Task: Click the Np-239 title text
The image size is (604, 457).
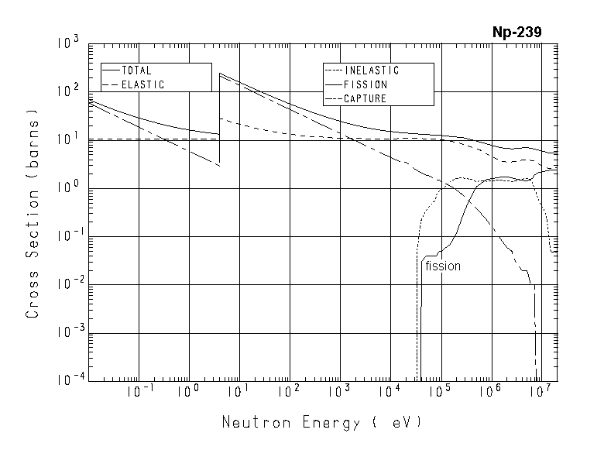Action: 516,32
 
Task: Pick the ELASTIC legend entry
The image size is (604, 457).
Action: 142,84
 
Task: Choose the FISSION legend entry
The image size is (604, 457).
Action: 365,84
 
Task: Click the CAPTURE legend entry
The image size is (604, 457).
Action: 365,98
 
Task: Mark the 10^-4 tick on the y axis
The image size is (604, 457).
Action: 67,380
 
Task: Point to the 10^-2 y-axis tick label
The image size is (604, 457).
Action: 67,284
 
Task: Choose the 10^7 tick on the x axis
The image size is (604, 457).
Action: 540,393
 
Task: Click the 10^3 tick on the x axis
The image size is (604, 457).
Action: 340,393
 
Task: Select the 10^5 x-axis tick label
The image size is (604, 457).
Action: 440,393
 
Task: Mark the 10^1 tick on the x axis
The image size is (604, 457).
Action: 239,393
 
